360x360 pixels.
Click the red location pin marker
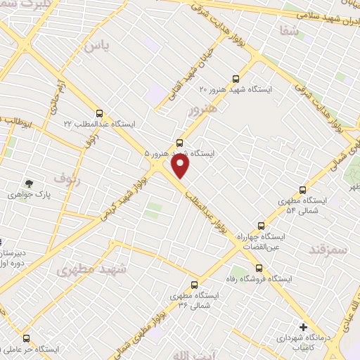click(181, 166)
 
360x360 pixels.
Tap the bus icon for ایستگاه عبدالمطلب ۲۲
click(99, 112)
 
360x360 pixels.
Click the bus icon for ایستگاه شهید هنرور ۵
click(179, 142)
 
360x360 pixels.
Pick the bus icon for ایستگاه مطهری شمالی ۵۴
click(303, 189)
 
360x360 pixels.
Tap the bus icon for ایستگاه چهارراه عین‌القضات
click(261, 226)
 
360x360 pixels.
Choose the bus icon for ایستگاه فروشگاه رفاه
click(259, 267)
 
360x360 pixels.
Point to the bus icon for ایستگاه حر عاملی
click(26, 338)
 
